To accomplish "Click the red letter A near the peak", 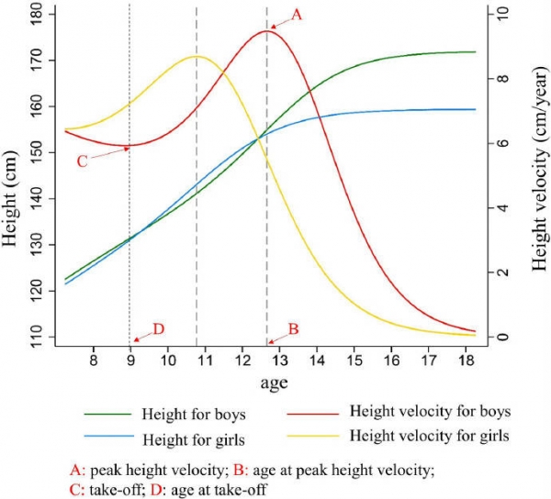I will click(297, 13).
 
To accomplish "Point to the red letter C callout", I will click(82, 161).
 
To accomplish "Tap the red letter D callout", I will click(158, 327).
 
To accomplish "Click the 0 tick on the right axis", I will click(501, 337).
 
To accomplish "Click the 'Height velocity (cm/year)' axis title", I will click(537, 174).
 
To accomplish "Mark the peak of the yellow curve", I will click(196, 56).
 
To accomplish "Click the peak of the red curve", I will click(266, 31).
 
